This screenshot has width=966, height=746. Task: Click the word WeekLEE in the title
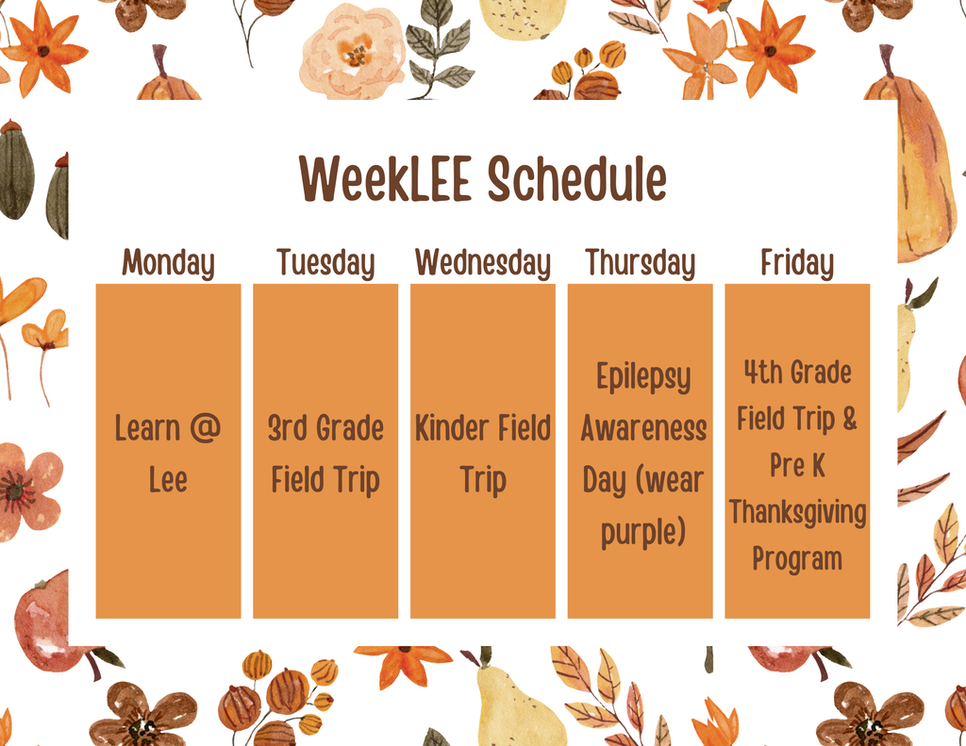pyautogui.click(x=385, y=178)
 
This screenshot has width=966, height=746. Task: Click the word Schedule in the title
pyautogui.click(x=577, y=178)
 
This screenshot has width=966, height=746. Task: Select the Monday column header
pyautogui.click(x=168, y=263)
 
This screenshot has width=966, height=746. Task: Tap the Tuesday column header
pyautogui.click(x=325, y=263)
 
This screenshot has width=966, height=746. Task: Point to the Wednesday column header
pyautogui.click(x=482, y=263)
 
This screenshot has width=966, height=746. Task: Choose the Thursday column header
pyautogui.click(x=641, y=263)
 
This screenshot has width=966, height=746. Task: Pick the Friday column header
pyautogui.click(x=797, y=263)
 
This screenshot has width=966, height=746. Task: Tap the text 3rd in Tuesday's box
pyautogui.click(x=287, y=428)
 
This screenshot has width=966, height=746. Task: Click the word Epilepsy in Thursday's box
pyautogui.click(x=643, y=377)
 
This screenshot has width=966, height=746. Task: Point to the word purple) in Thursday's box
pyautogui.click(x=643, y=533)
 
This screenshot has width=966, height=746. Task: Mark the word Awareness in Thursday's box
pyautogui.click(x=643, y=429)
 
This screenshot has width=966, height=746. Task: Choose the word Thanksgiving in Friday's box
pyautogui.click(x=798, y=512)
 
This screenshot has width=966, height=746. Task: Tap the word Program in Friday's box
pyautogui.click(x=797, y=559)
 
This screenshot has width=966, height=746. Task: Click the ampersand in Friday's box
pyautogui.click(x=850, y=419)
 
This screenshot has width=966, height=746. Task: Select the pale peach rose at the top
pyautogui.click(x=353, y=52)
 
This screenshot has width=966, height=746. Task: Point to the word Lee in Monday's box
pyautogui.click(x=168, y=480)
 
